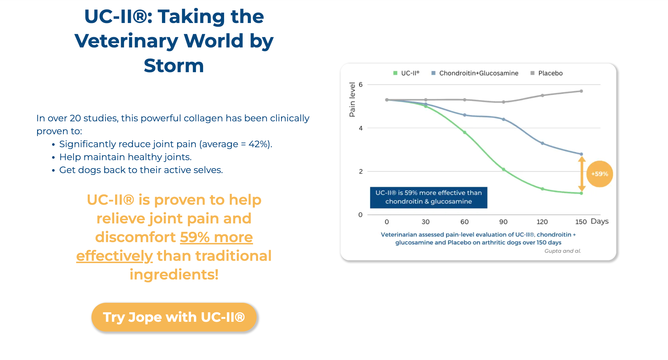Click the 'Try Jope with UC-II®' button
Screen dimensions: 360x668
coord(174,317)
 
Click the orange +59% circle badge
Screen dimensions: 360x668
coord(600,174)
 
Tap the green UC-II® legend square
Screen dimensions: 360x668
coord(395,73)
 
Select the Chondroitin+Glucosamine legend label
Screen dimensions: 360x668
coord(479,73)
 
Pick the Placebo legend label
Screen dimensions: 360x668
coord(550,73)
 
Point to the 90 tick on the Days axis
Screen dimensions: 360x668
coord(503,222)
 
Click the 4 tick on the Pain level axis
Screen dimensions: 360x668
coord(360,128)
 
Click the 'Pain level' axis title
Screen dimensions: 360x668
coord(352,99)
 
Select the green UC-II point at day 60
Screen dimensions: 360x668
coord(465,132)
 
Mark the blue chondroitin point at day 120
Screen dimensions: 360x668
coord(542,143)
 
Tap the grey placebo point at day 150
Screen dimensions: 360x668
coord(581,91)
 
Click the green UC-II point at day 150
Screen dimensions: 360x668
coord(581,193)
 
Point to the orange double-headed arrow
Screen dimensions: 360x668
coord(582,174)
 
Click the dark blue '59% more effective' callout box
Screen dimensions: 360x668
coord(428,197)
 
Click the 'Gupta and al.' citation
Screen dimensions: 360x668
coord(562,251)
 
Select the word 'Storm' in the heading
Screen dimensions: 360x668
coord(174,66)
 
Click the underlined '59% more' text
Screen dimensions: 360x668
coord(216,237)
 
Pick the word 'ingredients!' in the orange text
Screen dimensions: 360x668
coord(174,274)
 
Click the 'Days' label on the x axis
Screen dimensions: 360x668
coord(600,221)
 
